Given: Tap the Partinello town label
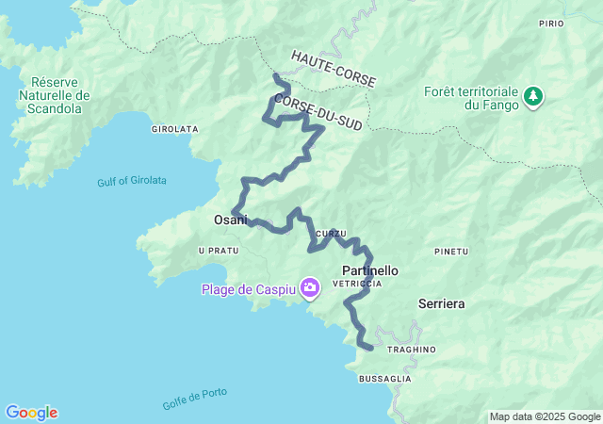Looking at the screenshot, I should pyautogui.click(x=368, y=270).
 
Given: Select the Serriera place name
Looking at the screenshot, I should pyautogui.click(x=441, y=303).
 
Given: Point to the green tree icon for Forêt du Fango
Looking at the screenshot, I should pyautogui.click(x=533, y=96).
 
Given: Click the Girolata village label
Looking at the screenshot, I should pyautogui.click(x=173, y=128).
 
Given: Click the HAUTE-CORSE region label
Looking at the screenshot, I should pyautogui.click(x=334, y=70).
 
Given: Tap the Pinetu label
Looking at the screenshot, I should pyautogui.click(x=451, y=252).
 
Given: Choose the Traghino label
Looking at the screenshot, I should pyautogui.click(x=410, y=350).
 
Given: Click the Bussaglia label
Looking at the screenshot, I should pyautogui.click(x=384, y=378).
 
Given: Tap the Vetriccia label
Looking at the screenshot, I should pyautogui.click(x=363, y=284).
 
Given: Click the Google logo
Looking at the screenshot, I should pyautogui.click(x=31, y=413).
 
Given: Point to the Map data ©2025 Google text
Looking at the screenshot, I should pyautogui.click(x=544, y=416).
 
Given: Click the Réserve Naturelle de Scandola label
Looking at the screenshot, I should pyautogui.click(x=59, y=95).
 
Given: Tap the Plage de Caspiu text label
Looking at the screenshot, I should pyautogui.click(x=248, y=289).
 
